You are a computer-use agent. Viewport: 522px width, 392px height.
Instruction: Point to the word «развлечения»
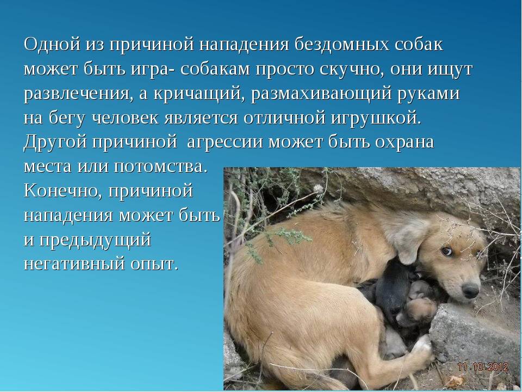[x=76, y=94]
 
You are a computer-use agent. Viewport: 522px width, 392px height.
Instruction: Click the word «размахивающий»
[x=321, y=94]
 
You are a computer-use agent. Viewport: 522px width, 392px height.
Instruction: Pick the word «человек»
[x=125, y=118]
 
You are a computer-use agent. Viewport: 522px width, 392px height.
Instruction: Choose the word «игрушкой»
[x=376, y=118]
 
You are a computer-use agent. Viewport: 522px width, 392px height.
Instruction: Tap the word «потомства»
[x=159, y=167]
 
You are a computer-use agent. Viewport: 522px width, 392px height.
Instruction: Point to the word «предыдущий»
[x=95, y=240]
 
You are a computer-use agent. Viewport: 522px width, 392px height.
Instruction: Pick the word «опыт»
[x=154, y=264]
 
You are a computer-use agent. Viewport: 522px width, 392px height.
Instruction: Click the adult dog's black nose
[x=470, y=291]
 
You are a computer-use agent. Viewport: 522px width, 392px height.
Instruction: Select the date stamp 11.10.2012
[x=483, y=367]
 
